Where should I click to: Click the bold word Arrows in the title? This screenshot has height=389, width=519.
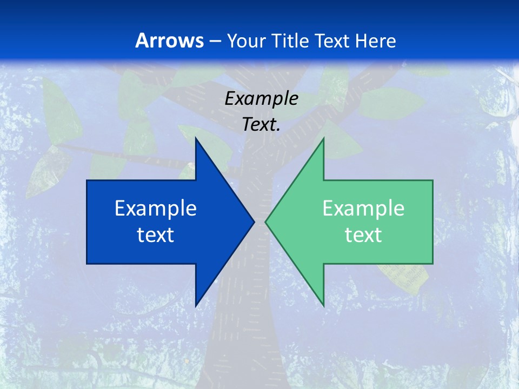point(169,41)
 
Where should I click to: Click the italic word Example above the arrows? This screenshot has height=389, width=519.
point(261,98)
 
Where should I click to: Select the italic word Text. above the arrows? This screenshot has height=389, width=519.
point(261,124)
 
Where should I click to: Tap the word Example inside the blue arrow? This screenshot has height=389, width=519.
point(156,208)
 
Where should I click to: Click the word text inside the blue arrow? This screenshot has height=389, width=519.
point(156,234)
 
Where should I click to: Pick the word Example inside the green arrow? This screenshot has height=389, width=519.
point(363,208)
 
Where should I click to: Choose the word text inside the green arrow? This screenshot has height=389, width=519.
point(363,234)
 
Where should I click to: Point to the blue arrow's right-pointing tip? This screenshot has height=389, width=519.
point(254,222)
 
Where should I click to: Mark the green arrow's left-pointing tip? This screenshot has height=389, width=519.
point(265,222)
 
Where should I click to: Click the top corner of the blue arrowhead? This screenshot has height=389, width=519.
point(196,138)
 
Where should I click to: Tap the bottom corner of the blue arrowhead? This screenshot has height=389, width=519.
point(196,306)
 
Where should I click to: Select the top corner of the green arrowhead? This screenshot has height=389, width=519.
point(323,138)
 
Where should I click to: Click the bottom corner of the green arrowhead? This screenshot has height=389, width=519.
point(323,306)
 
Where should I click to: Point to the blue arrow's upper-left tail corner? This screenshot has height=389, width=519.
point(87,180)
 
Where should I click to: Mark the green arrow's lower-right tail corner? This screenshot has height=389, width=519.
point(432,264)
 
